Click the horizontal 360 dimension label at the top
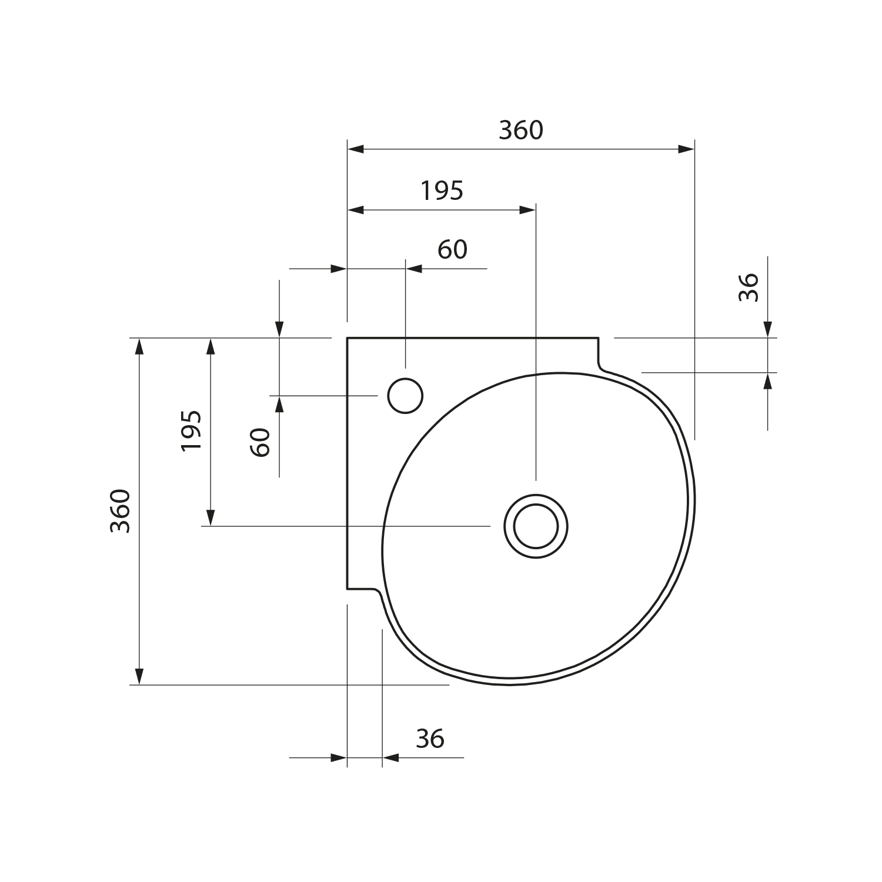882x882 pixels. pyautogui.click(x=521, y=130)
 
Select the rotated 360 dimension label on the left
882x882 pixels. pyautogui.click(x=121, y=510)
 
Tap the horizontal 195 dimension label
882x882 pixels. pyautogui.click(x=442, y=191)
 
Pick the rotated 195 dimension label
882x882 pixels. pyautogui.click(x=192, y=431)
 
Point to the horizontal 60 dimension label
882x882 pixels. pyautogui.click(x=452, y=250)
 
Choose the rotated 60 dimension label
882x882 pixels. pyautogui.click(x=260, y=442)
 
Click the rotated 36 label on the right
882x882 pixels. pyautogui.click(x=749, y=288)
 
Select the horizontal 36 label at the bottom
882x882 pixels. pyautogui.click(x=430, y=739)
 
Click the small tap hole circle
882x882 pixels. pyautogui.click(x=405, y=395)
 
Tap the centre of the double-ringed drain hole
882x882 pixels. pyautogui.click(x=536, y=526)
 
